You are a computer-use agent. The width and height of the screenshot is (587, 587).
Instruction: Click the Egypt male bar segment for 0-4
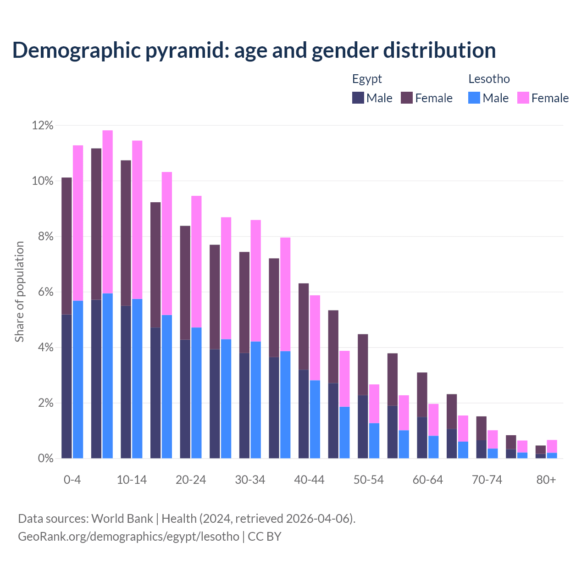pyautogui.click(x=66, y=386)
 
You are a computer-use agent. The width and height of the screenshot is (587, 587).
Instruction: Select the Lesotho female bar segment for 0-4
pyautogui.click(x=78, y=223)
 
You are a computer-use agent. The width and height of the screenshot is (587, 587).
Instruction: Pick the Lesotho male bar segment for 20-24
pyautogui.click(x=196, y=393)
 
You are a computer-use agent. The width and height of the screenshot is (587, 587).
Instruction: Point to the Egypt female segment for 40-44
pyautogui.click(x=304, y=327)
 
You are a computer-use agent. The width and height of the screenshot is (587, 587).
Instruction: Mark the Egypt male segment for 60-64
pyautogui.click(x=422, y=437)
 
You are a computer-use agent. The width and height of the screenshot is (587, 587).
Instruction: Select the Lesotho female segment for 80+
pyautogui.click(x=552, y=446)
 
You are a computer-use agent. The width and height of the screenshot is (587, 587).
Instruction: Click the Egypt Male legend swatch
pyautogui.click(x=358, y=98)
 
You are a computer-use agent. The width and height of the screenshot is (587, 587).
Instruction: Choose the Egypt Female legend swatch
pyautogui.click(x=407, y=98)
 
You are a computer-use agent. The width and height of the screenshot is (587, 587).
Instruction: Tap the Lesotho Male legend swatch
pyautogui.click(x=474, y=98)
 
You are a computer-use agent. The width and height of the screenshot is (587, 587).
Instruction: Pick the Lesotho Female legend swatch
pyautogui.click(x=523, y=98)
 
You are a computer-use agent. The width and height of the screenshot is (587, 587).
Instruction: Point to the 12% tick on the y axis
pyautogui.click(x=43, y=125)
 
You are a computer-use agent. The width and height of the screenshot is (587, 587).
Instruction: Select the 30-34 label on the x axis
pyautogui.click(x=250, y=480)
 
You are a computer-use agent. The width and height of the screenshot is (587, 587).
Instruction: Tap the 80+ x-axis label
pyautogui.click(x=546, y=480)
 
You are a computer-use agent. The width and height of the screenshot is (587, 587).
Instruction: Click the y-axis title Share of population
pyautogui.click(x=19, y=292)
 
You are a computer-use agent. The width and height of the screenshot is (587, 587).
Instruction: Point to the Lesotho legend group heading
pyautogui.click(x=489, y=79)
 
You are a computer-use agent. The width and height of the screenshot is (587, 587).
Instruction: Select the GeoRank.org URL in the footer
pyautogui.click(x=128, y=536)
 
